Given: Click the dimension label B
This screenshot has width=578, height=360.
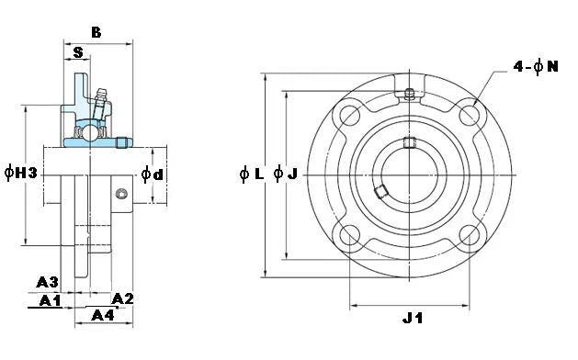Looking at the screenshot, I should click(96, 32).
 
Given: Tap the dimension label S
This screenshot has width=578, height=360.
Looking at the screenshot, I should click(78, 52).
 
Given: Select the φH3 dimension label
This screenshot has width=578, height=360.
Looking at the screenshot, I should click(20, 174).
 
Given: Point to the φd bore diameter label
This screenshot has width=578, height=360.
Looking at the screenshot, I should click(153, 174).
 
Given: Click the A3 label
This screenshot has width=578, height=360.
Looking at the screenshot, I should click(48, 281).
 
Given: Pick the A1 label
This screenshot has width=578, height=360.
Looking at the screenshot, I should click(49, 300).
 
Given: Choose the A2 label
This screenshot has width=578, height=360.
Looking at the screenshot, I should click(123, 298).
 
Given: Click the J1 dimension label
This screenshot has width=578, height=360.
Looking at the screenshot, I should click(413, 319).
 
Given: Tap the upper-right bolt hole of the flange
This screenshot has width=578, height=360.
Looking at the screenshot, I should click(470, 115).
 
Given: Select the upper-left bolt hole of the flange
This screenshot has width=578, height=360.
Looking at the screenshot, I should click(350, 115).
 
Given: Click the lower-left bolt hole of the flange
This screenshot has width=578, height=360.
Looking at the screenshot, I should click(350, 234).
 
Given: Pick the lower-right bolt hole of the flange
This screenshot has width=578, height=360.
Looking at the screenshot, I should click(470, 234).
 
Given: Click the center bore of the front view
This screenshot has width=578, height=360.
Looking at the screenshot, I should click(410, 174).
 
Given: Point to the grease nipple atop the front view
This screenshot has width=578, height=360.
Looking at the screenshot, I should click(410, 94).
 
